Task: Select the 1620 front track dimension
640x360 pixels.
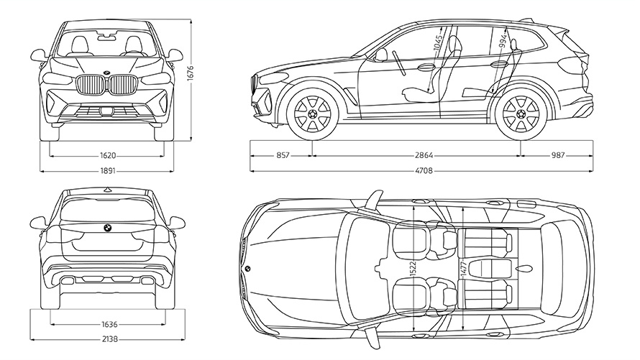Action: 109,154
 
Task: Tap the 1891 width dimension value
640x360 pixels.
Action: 109,171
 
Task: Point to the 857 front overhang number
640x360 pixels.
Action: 281,154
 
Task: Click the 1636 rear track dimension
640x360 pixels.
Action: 108,323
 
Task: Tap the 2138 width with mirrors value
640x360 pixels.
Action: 108,339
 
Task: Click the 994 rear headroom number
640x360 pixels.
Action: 503,40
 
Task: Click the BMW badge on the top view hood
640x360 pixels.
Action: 247,268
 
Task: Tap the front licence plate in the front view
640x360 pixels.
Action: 106,111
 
